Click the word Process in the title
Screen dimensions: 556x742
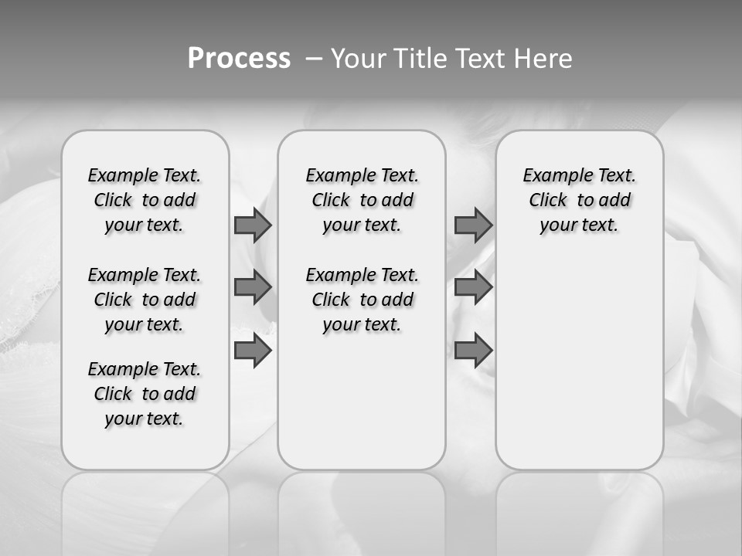(239, 59)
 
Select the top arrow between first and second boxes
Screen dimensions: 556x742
(253, 225)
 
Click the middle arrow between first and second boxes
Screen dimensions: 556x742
(253, 287)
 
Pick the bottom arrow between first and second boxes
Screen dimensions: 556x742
(253, 351)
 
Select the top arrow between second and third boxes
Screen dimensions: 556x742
(473, 225)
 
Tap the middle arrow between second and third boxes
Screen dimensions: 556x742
(473, 287)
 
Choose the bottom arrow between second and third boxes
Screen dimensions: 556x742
(473, 351)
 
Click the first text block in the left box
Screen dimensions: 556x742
(145, 200)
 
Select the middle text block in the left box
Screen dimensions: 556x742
(145, 300)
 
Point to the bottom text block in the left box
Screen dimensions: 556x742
(145, 394)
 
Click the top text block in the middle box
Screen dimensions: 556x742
(362, 200)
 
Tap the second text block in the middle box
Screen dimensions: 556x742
(362, 300)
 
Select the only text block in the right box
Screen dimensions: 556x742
(580, 200)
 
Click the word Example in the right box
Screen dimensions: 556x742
(552, 176)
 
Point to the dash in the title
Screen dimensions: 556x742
(314, 59)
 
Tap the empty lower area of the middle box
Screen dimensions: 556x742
(362, 402)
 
